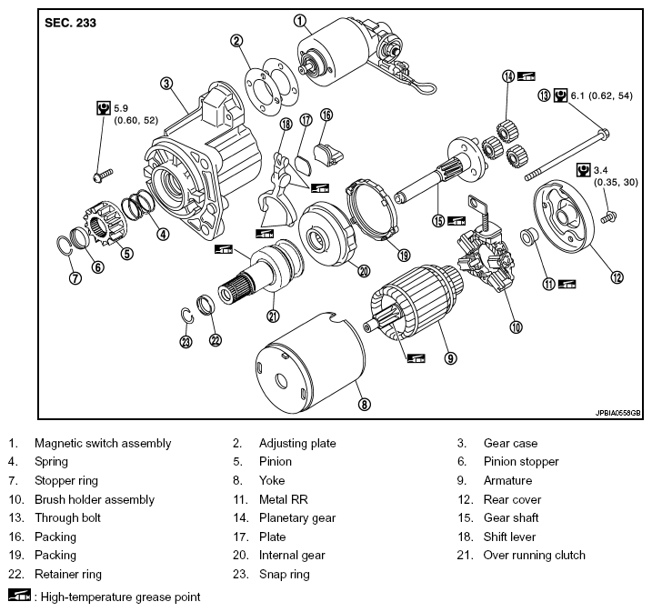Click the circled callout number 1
300,21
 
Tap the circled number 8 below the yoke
365,404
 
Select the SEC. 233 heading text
70,23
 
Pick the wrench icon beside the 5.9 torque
104,108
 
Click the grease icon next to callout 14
526,76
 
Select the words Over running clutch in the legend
535,555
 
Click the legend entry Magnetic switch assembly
103,443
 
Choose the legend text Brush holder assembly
95,499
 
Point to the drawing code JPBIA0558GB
618,413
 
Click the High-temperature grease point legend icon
19,595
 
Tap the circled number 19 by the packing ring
404,255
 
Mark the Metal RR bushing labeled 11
530,236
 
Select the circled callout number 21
273,316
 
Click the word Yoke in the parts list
272,481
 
